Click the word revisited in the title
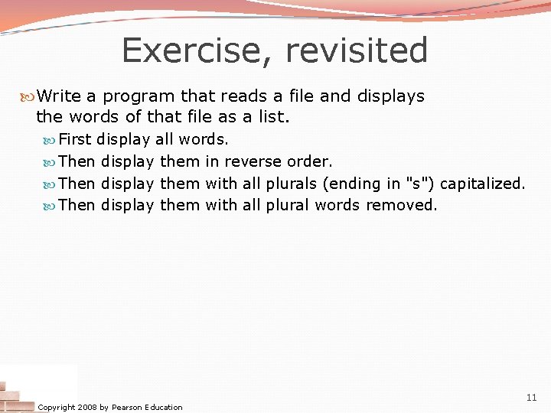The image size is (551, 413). [357, 51]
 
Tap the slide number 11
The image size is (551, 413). [531, 398]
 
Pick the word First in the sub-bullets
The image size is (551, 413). [75, 140]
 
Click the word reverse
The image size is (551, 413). [253, 162]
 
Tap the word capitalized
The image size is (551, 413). [482, 184]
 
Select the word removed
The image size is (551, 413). [402, 205]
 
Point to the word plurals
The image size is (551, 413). [291, 184]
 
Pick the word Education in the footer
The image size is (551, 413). [161, 407]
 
